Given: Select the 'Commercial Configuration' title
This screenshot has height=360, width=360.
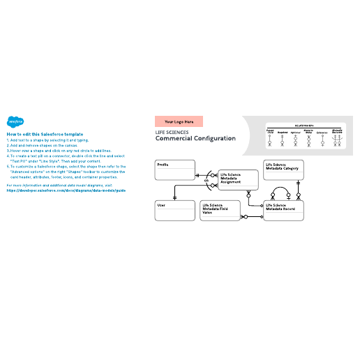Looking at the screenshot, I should click(195, 138).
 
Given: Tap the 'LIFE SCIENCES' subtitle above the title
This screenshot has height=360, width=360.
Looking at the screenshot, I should click(171, 130).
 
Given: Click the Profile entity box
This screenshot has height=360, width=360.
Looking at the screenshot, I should click(174, 170).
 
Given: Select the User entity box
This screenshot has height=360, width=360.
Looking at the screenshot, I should click(174, 211).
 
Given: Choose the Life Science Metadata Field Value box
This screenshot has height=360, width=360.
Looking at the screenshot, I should click(219, 211).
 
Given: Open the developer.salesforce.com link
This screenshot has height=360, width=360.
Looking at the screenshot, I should click(66, 190).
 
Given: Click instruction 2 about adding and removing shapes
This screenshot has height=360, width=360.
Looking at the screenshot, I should click(49, 144).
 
